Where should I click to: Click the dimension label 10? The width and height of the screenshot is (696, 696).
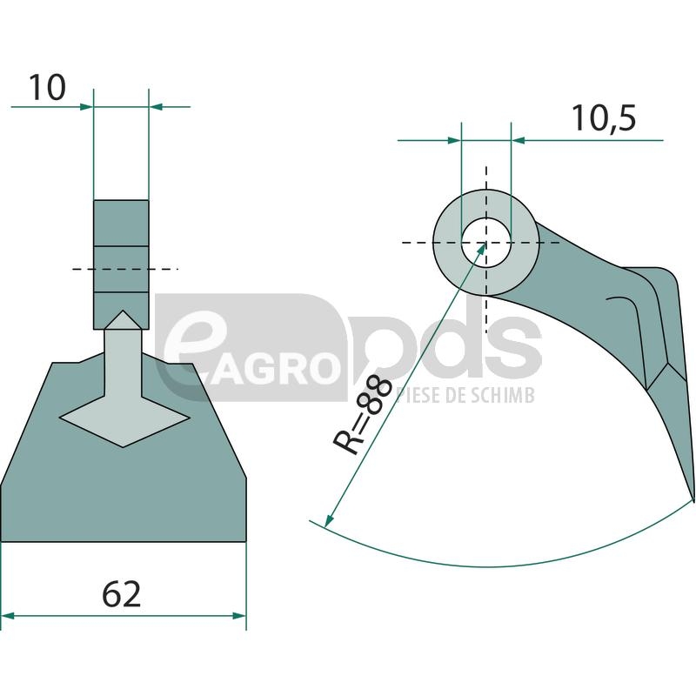coord(48,88)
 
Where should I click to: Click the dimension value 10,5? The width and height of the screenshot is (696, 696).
coord(603,118)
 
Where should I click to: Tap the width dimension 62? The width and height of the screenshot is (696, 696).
coord(121,594)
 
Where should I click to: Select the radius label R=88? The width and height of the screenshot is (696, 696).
coord(363,415)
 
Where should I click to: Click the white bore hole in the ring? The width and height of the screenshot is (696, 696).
coord(486,243)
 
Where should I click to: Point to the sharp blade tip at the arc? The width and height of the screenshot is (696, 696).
coord(692,501)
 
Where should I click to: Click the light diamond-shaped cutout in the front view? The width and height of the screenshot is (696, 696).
coord(124,418)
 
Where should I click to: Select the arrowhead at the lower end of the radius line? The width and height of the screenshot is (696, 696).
coord(329,519)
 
